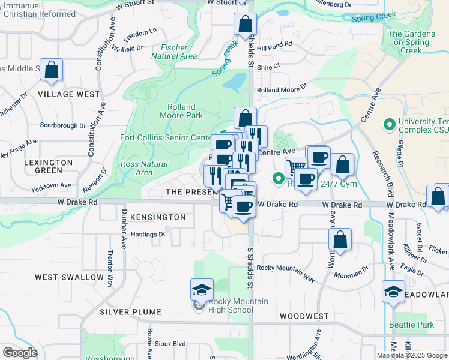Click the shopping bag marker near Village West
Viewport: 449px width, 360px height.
pyautogui.click(x=52, y=70)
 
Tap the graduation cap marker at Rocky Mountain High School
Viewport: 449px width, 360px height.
pyautogui.click(x=202, y=290)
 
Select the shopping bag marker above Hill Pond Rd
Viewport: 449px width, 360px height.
pyautogui.click(x=245, y=25)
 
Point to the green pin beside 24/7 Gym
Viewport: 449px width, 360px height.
pyautogui.click(x=279, y=178)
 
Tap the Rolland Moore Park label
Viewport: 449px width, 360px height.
pyautogui.click(x=181, y=111)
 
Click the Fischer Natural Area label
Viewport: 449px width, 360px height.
pyautogui.click(x=179, y=52)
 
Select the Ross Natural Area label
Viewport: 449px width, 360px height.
pyautogui.click(x=144, y=168)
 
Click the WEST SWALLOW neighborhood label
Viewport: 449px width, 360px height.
pyautogui.click(x=69, y=277)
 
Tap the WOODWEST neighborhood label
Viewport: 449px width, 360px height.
pyautogui.click(x=303, y=316)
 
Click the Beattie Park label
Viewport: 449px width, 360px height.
pyautogui.click(x=419, y=325)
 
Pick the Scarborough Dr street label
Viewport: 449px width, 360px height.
pyautogui.click(x=63, y=125)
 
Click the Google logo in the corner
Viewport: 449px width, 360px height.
pyautogui.click(x=20, y=353)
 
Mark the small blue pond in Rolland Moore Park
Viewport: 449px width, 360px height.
pyautogui.click(x=238, y=80)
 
